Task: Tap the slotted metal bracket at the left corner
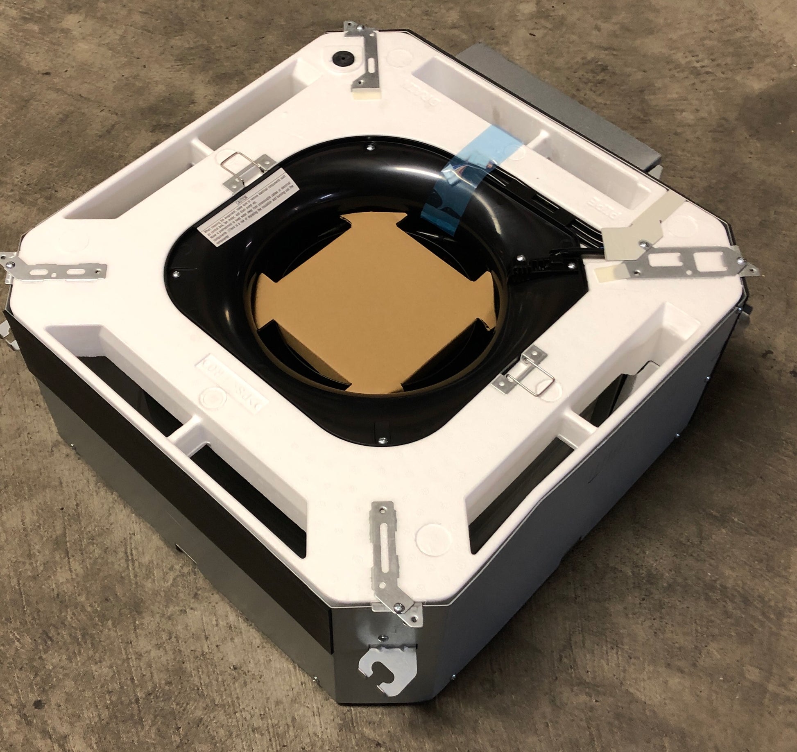pos(57,270)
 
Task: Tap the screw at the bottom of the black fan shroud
pos(382,441)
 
